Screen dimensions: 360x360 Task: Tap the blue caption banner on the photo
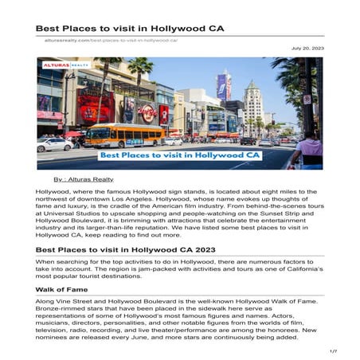click(196, 155)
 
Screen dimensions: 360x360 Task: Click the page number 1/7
click(332, 350)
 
